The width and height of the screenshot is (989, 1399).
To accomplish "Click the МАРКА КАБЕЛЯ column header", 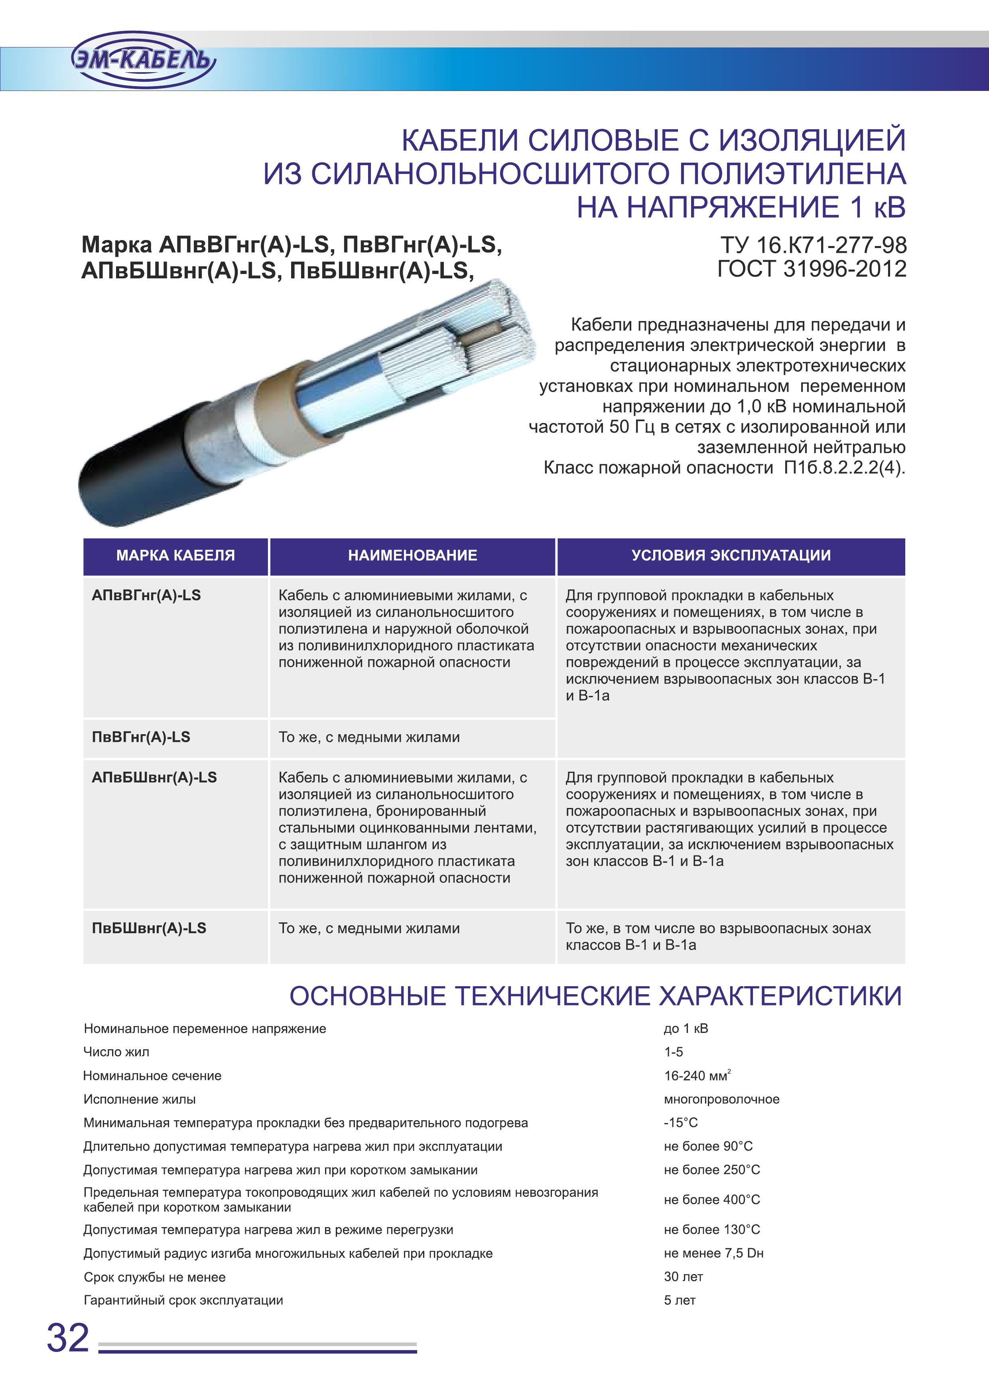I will (175, 556).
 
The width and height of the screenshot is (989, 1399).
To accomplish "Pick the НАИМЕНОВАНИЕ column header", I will (412, 556).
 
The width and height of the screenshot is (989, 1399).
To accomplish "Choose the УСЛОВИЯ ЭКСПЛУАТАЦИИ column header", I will (731, 556).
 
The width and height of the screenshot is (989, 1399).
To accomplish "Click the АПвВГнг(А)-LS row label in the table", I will (146, 596).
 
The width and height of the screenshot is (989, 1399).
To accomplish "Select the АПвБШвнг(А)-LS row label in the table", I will (154, 778).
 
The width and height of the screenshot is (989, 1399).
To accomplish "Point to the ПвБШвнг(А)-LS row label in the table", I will (149, 928).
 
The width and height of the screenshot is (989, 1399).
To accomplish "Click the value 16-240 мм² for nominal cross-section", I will (697, 1076).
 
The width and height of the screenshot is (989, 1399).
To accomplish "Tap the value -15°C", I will (681, 1122).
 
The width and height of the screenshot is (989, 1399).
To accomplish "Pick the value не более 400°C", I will (712, 1200).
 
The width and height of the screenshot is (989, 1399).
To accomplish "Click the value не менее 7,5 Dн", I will (713, 1253).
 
